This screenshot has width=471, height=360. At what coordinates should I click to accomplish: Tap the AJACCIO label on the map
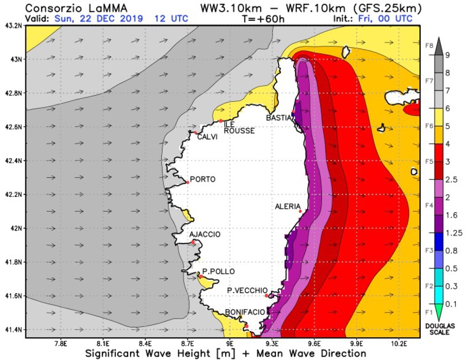click(x=205, y=234)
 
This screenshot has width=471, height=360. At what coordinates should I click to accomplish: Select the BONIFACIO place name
click(x=245, y=312)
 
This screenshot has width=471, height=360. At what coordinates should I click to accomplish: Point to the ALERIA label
click(x=286, y=206)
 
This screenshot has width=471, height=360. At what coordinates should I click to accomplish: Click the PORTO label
click(x=203, y=179)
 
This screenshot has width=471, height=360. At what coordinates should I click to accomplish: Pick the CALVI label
click(x=208, y=137)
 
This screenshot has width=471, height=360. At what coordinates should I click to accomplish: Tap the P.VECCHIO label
click(x=245, y=291)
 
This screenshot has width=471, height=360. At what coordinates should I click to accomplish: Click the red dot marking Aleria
click(x=300, y=212)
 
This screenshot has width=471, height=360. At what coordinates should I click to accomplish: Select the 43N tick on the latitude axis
click(x=13, y=59)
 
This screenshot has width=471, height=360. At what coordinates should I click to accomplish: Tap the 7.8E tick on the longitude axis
click(x=61, y=343)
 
